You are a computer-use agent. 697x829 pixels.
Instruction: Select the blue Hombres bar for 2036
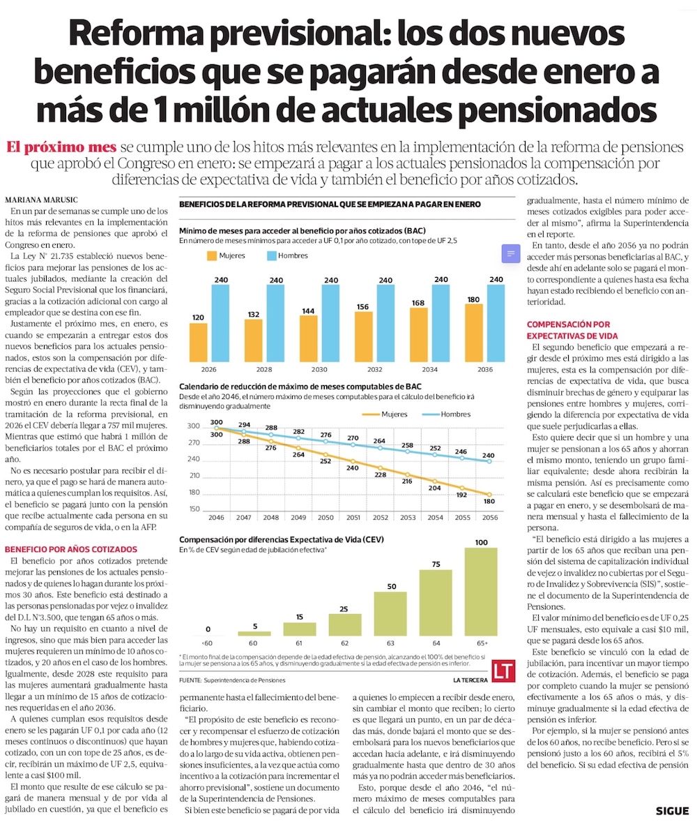pos(496,323)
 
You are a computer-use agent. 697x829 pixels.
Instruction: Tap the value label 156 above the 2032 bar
pos(363,306)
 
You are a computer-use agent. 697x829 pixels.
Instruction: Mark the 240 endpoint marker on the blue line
pos(489,461)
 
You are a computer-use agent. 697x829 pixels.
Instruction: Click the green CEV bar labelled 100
pos(481,592)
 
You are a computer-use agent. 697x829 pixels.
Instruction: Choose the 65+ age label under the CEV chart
pos(481,643)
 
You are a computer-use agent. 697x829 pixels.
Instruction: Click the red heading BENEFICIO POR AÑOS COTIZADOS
pos(71,549)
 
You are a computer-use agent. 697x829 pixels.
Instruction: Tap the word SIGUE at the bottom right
pos(672,811)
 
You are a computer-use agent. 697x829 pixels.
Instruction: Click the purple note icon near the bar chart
pos(510,253)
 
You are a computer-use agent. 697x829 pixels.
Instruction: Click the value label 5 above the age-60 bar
pos(254,625)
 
